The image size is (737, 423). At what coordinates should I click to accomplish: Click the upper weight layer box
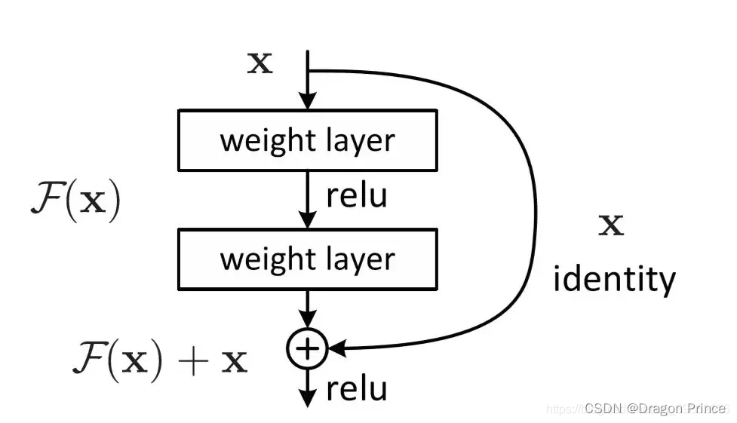pos(307,140)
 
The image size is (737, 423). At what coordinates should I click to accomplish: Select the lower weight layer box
pos(307,259)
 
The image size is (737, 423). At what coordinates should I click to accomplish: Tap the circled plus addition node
pos(307,348)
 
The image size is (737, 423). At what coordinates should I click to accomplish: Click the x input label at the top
pos(260,63)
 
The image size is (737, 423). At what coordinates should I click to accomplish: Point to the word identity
pos(614,280)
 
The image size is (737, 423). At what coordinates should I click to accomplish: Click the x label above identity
pos(611,225)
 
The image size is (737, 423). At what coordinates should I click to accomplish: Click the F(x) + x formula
pos(160,360)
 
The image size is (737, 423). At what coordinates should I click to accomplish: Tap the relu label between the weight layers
pos(357,195)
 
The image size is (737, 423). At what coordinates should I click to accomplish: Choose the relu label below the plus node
pos(357,389)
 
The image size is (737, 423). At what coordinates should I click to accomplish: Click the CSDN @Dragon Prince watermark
pos(654,408)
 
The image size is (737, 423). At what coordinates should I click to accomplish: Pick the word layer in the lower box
pos(361,259)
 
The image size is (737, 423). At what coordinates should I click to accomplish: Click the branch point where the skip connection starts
pos(308,71)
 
